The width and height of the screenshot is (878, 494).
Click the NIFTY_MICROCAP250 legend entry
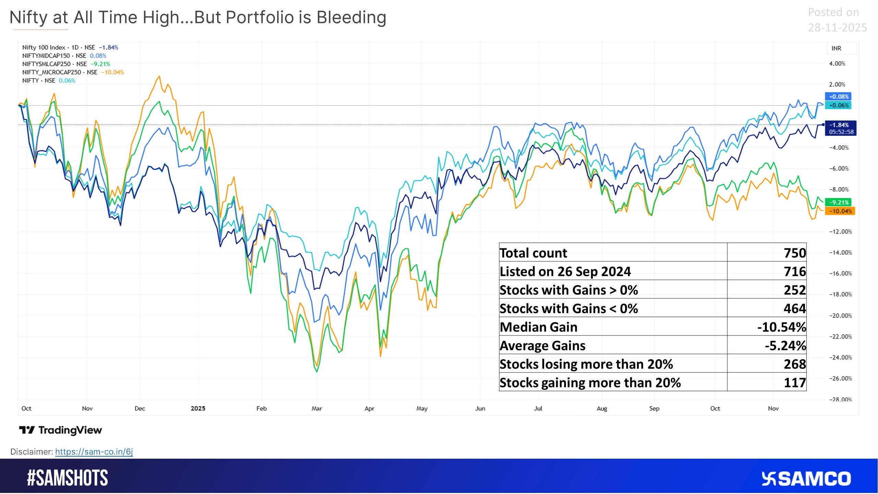pos(73,72)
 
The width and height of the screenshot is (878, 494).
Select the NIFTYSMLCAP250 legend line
pos(66,64)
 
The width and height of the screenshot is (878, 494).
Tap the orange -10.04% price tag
pos(840,211)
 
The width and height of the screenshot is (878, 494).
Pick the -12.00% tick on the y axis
pos(840,232)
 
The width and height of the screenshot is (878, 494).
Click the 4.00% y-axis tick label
pos(837,64)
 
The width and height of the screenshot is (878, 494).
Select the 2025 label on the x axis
pos(198,409)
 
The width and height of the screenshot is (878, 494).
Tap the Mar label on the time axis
pos(317,409)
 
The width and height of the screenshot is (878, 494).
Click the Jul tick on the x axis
pos(538,409)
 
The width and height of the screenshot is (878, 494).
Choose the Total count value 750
pos(795,253)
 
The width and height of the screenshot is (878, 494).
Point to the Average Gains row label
pos(542,346)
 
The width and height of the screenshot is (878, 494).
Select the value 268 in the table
pos(795,364)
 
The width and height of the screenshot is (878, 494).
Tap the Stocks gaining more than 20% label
pos(590,383)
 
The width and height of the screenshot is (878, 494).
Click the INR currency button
pos(836,48)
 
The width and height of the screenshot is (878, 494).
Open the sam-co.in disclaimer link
pos(94,452)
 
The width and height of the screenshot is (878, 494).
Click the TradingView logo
pos(60,430)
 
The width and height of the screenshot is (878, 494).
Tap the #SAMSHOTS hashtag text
pos(67,478)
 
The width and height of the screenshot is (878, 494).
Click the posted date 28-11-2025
pos(837,27)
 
